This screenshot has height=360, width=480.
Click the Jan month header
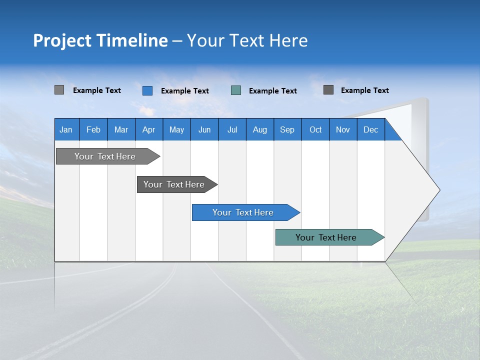pos(66,129)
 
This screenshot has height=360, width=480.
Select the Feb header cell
pos(93,129)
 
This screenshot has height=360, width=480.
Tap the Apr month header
pos(149,129)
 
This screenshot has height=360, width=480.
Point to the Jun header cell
pos(204,129)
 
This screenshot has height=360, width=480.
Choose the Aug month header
pos(260,129)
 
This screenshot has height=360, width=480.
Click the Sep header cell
pos(287,129)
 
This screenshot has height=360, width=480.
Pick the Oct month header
pos(315,129)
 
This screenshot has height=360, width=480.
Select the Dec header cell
pos(371,129)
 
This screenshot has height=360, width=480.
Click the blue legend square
pos(147,90)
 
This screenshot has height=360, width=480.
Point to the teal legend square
pos(236,90)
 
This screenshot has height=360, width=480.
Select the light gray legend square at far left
pos(59,90)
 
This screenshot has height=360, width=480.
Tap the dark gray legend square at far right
pos(328,90)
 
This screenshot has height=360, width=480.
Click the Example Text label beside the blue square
pos(185,91)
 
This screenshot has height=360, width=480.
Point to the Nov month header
pos(343,129)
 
